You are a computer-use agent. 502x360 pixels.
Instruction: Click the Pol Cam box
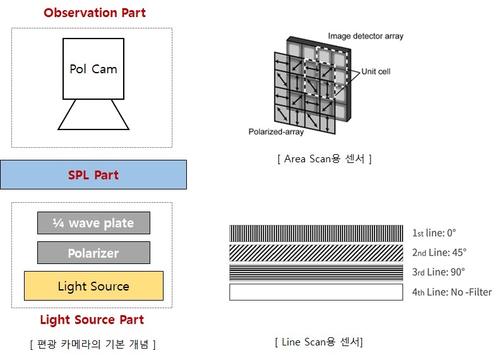(x=93, y=69)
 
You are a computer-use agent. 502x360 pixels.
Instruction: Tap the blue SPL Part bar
(x=93, y=174)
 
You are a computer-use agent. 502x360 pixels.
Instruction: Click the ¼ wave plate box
(x=93, y=223)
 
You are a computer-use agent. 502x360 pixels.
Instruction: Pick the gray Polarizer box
(x=93, y=253)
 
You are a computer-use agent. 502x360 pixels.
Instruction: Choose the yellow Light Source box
(x=93, y=285)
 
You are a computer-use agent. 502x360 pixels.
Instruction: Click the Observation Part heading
(x=95, y=13)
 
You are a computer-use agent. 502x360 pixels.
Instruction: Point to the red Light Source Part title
(x=92, y=320)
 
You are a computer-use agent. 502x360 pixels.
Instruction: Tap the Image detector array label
(x=366, y=36)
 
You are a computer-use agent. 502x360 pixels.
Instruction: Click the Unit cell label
(x=376, y=71)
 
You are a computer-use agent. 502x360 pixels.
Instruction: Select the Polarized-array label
(x=276, y=131)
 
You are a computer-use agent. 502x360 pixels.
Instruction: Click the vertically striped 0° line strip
(x=316, y=233)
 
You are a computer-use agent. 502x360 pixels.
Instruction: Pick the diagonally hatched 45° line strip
(x=316, y=253)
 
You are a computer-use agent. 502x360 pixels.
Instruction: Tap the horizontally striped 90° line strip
(x=316, y=273)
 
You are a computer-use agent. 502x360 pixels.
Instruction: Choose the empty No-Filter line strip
(x=316, y=292)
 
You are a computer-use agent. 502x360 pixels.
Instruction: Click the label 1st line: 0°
(x=434, y=233)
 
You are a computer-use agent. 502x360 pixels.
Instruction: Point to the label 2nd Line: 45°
(x=439, y=253)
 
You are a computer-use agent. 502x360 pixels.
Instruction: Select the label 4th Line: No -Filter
(x=451, y=292)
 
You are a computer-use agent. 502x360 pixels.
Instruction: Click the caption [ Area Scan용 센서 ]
(x=325, y=159)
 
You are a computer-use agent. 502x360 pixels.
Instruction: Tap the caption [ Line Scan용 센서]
(x=319, y=342)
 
